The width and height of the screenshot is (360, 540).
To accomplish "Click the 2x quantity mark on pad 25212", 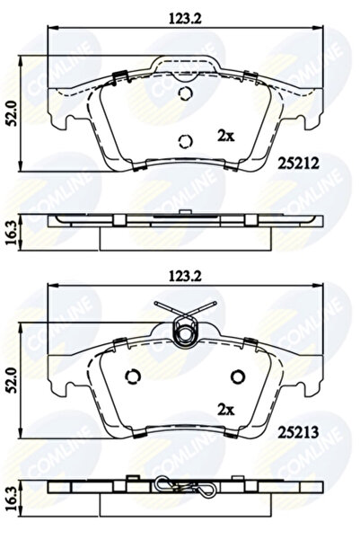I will click(227, 135).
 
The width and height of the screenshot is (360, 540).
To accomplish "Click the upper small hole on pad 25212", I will click(187, 97).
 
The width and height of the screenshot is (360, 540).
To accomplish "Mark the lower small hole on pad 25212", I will click(187, 139).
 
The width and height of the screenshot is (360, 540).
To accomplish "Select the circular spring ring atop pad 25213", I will click(187, 333).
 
